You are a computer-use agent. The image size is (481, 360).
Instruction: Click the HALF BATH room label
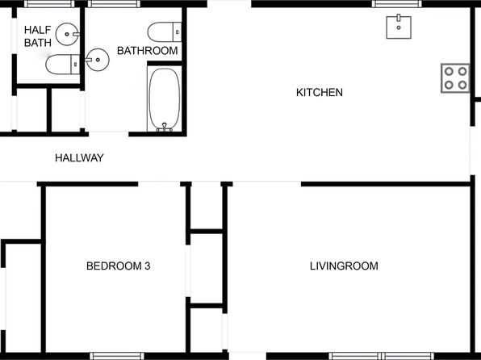37,36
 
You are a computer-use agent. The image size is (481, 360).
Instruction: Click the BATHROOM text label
147,51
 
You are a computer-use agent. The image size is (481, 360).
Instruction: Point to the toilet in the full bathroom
165,32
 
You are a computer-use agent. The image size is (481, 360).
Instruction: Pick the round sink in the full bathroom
98,59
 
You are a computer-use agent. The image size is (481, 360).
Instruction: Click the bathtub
165,98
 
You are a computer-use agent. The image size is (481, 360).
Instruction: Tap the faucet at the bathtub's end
165,126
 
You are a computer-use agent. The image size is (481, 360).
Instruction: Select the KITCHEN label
320,93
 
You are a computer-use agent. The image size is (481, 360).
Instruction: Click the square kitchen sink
399,27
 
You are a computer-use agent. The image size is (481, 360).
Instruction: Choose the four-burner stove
455,77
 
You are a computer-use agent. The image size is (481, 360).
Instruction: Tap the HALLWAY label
79,158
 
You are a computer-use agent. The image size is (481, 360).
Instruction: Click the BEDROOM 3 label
119,266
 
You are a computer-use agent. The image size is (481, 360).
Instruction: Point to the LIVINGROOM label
344,266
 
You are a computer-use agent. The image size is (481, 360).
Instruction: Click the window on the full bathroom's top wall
112,5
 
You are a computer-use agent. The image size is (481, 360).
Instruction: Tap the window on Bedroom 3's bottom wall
116,355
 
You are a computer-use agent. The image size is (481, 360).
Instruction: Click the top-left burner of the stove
448,70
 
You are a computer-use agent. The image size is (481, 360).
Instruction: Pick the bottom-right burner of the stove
462,84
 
